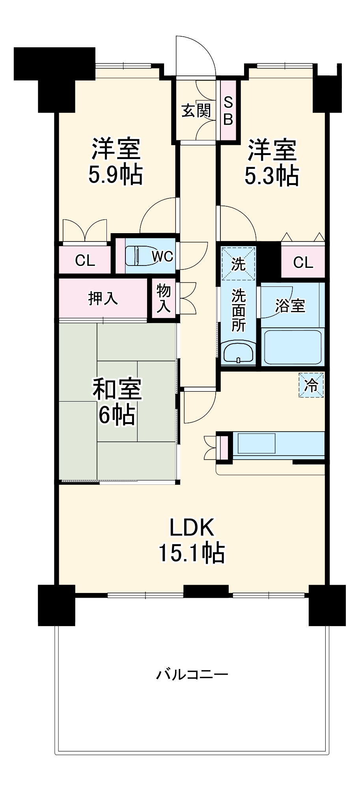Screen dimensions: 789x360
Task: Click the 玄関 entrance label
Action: click(x=196, y=111)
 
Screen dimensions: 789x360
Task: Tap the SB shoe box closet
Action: click(x=228, y=110)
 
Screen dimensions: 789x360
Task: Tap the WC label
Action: click(x=162, y=256)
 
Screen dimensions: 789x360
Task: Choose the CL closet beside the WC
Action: click(x=85, y=260)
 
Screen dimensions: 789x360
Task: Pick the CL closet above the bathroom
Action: click(x=303, y=262)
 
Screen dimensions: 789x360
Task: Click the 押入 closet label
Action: click(x=103, y=298)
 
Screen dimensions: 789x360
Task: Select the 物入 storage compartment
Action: click(x=163, y=299)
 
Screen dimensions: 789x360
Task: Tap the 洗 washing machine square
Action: click(x=238, y=264)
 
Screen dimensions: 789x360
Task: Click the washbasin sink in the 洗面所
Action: click(x=238, y=352)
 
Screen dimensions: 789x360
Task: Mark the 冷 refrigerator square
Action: click(x=311, y=385)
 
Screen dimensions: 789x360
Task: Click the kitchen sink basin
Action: click(x=256, y=443)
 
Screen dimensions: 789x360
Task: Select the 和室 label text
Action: click(x=117, y=389)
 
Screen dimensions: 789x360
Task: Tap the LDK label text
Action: click(x=192, y=527)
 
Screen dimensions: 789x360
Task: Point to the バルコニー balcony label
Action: click(x=192, y=674)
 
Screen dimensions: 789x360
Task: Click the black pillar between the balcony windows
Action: click(x=206, y=591)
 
